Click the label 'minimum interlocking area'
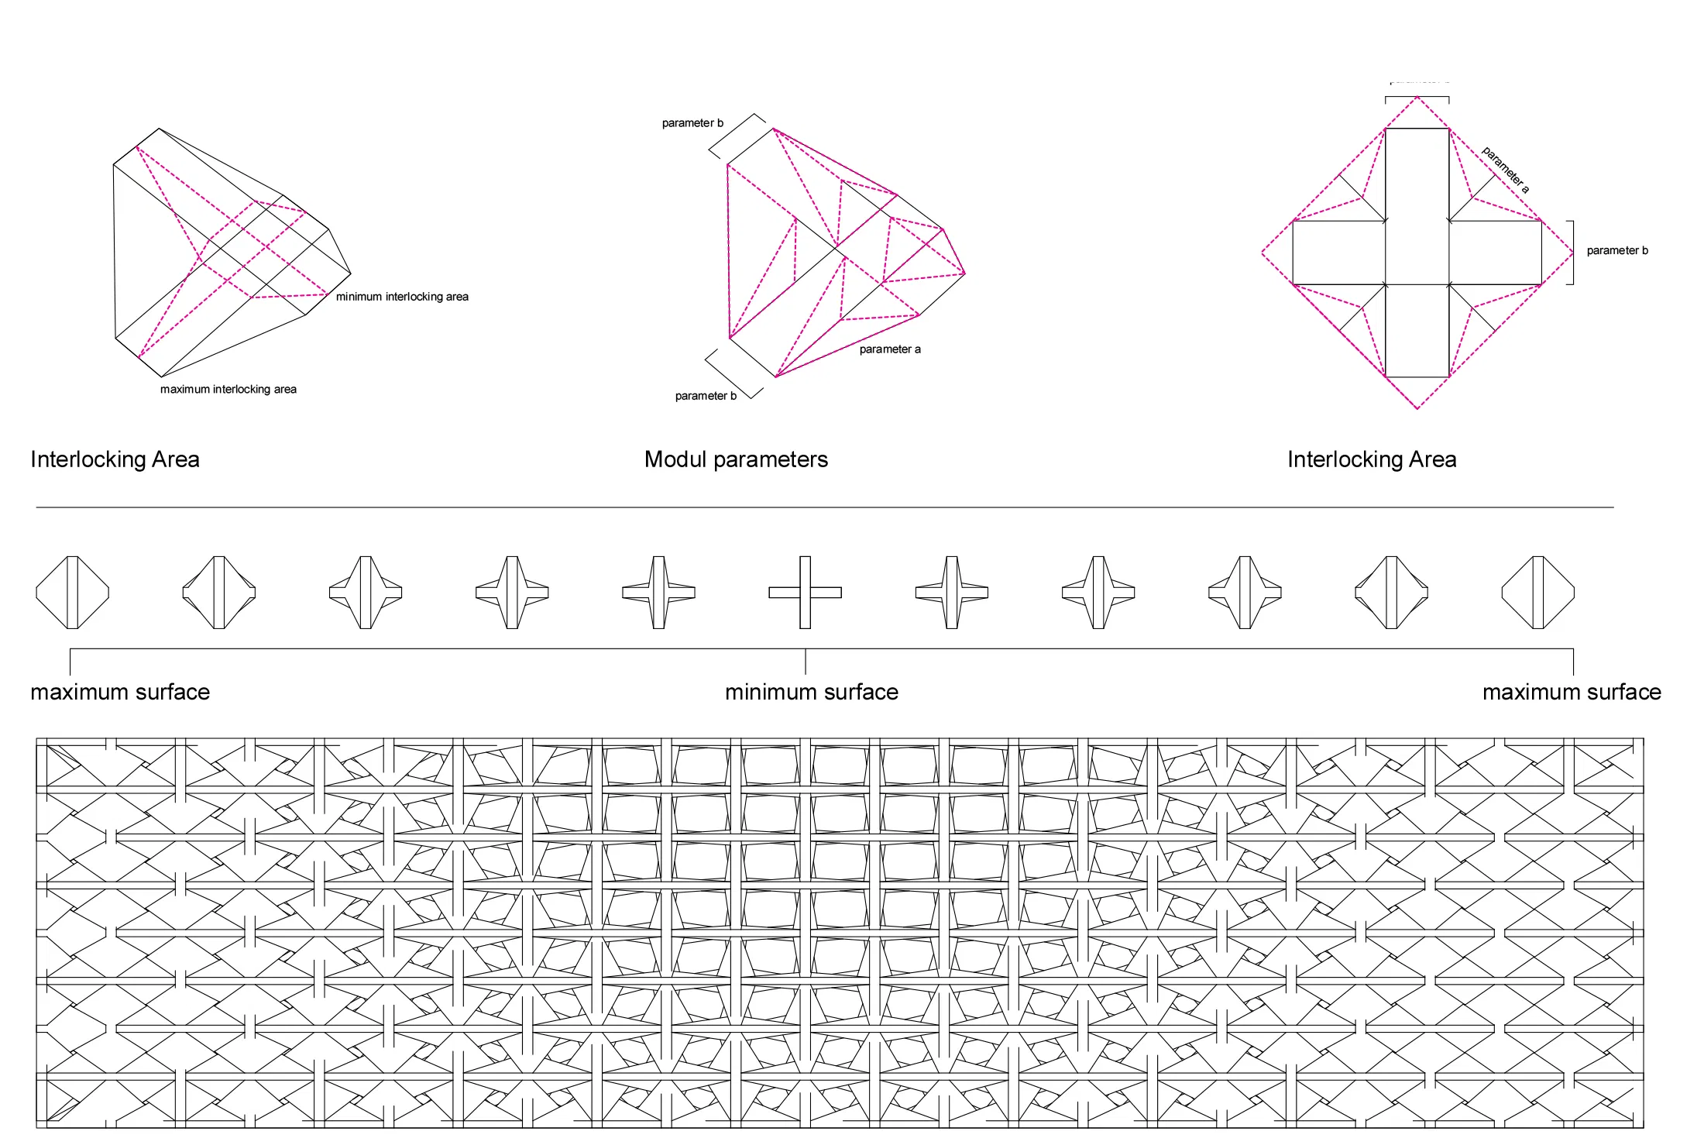point(402,297)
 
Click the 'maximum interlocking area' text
point(228,390)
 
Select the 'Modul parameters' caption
point(736,459)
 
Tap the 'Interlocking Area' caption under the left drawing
point(115,459)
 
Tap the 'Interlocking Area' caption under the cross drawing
point(1372,459)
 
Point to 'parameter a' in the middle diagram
point(890,349)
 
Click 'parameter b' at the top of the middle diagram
point(692,123)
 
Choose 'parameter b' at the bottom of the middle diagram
point(706,396)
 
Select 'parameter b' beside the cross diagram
point(1617,250)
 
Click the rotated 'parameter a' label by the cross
point(1505,170)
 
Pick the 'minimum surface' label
point(811,692)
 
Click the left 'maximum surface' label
point(120,692)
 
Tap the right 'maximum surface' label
point(1572,692)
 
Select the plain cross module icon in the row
point(805,593)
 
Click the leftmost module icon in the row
point(72,593)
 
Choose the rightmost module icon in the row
point(1537,593)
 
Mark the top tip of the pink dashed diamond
point(1417,98)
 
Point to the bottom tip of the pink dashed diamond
point(1417,408)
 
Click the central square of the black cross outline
point(1417,253)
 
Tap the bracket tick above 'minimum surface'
point(806,661)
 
